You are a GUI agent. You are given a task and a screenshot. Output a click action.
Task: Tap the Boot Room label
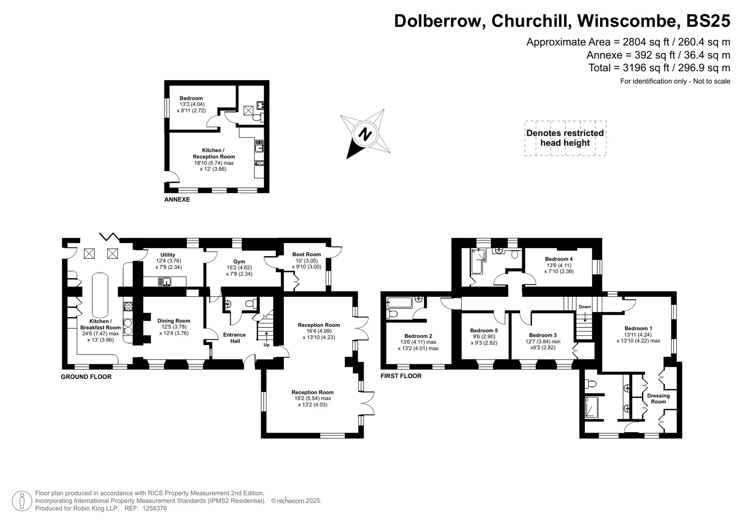(x=306, y=254)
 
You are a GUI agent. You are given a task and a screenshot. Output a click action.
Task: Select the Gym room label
(x=239, y=261)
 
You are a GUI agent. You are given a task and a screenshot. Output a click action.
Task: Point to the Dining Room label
(x=173, y=321)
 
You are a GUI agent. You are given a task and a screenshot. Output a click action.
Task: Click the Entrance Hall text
(x=234, y=337)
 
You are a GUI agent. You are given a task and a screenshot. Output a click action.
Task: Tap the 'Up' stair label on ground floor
(x=266, y=345)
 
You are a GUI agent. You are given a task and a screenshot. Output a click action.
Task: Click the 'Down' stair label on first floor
(x=584, y=307)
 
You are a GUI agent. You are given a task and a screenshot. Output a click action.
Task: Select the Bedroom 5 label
(x=484, y=330)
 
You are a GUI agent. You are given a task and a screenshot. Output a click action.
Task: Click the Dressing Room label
(x=658, y=398)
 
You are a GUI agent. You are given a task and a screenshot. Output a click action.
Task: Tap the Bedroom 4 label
(x=559, y=259)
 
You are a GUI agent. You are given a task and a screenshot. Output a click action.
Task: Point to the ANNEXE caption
(x=177, y=199)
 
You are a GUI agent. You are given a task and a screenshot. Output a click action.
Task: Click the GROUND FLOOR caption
(x=86, y=376)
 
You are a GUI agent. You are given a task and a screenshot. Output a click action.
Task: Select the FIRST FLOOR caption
(x=401, y=376)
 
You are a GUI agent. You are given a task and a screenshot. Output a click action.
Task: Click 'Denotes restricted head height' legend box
(x=565, y=138)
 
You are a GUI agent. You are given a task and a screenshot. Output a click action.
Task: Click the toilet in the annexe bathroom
(x=256, y=118)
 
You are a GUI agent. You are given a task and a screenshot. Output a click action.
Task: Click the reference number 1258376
(x=154, y=508)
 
